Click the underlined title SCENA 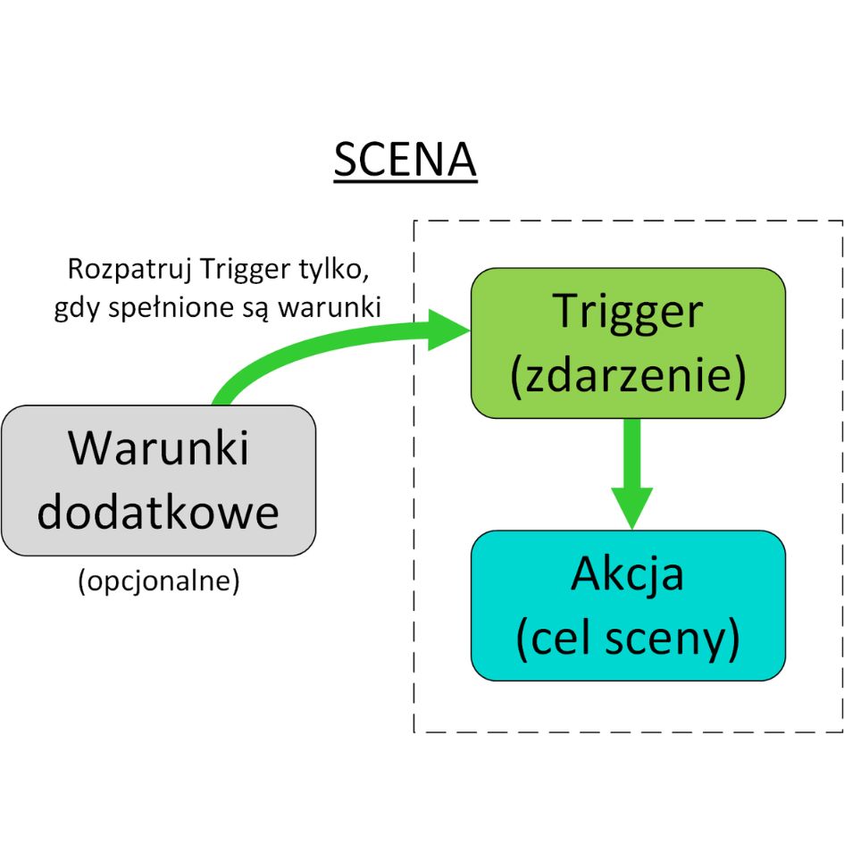(x=405, y=162)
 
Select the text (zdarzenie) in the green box (x=628, y=376)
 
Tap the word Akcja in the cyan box (x=628, y=574)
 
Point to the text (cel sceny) (x=628, y=639)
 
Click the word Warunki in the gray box (x=159, y=448)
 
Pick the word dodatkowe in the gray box (x=159, y=514)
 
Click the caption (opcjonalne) (x=159, y=581)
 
